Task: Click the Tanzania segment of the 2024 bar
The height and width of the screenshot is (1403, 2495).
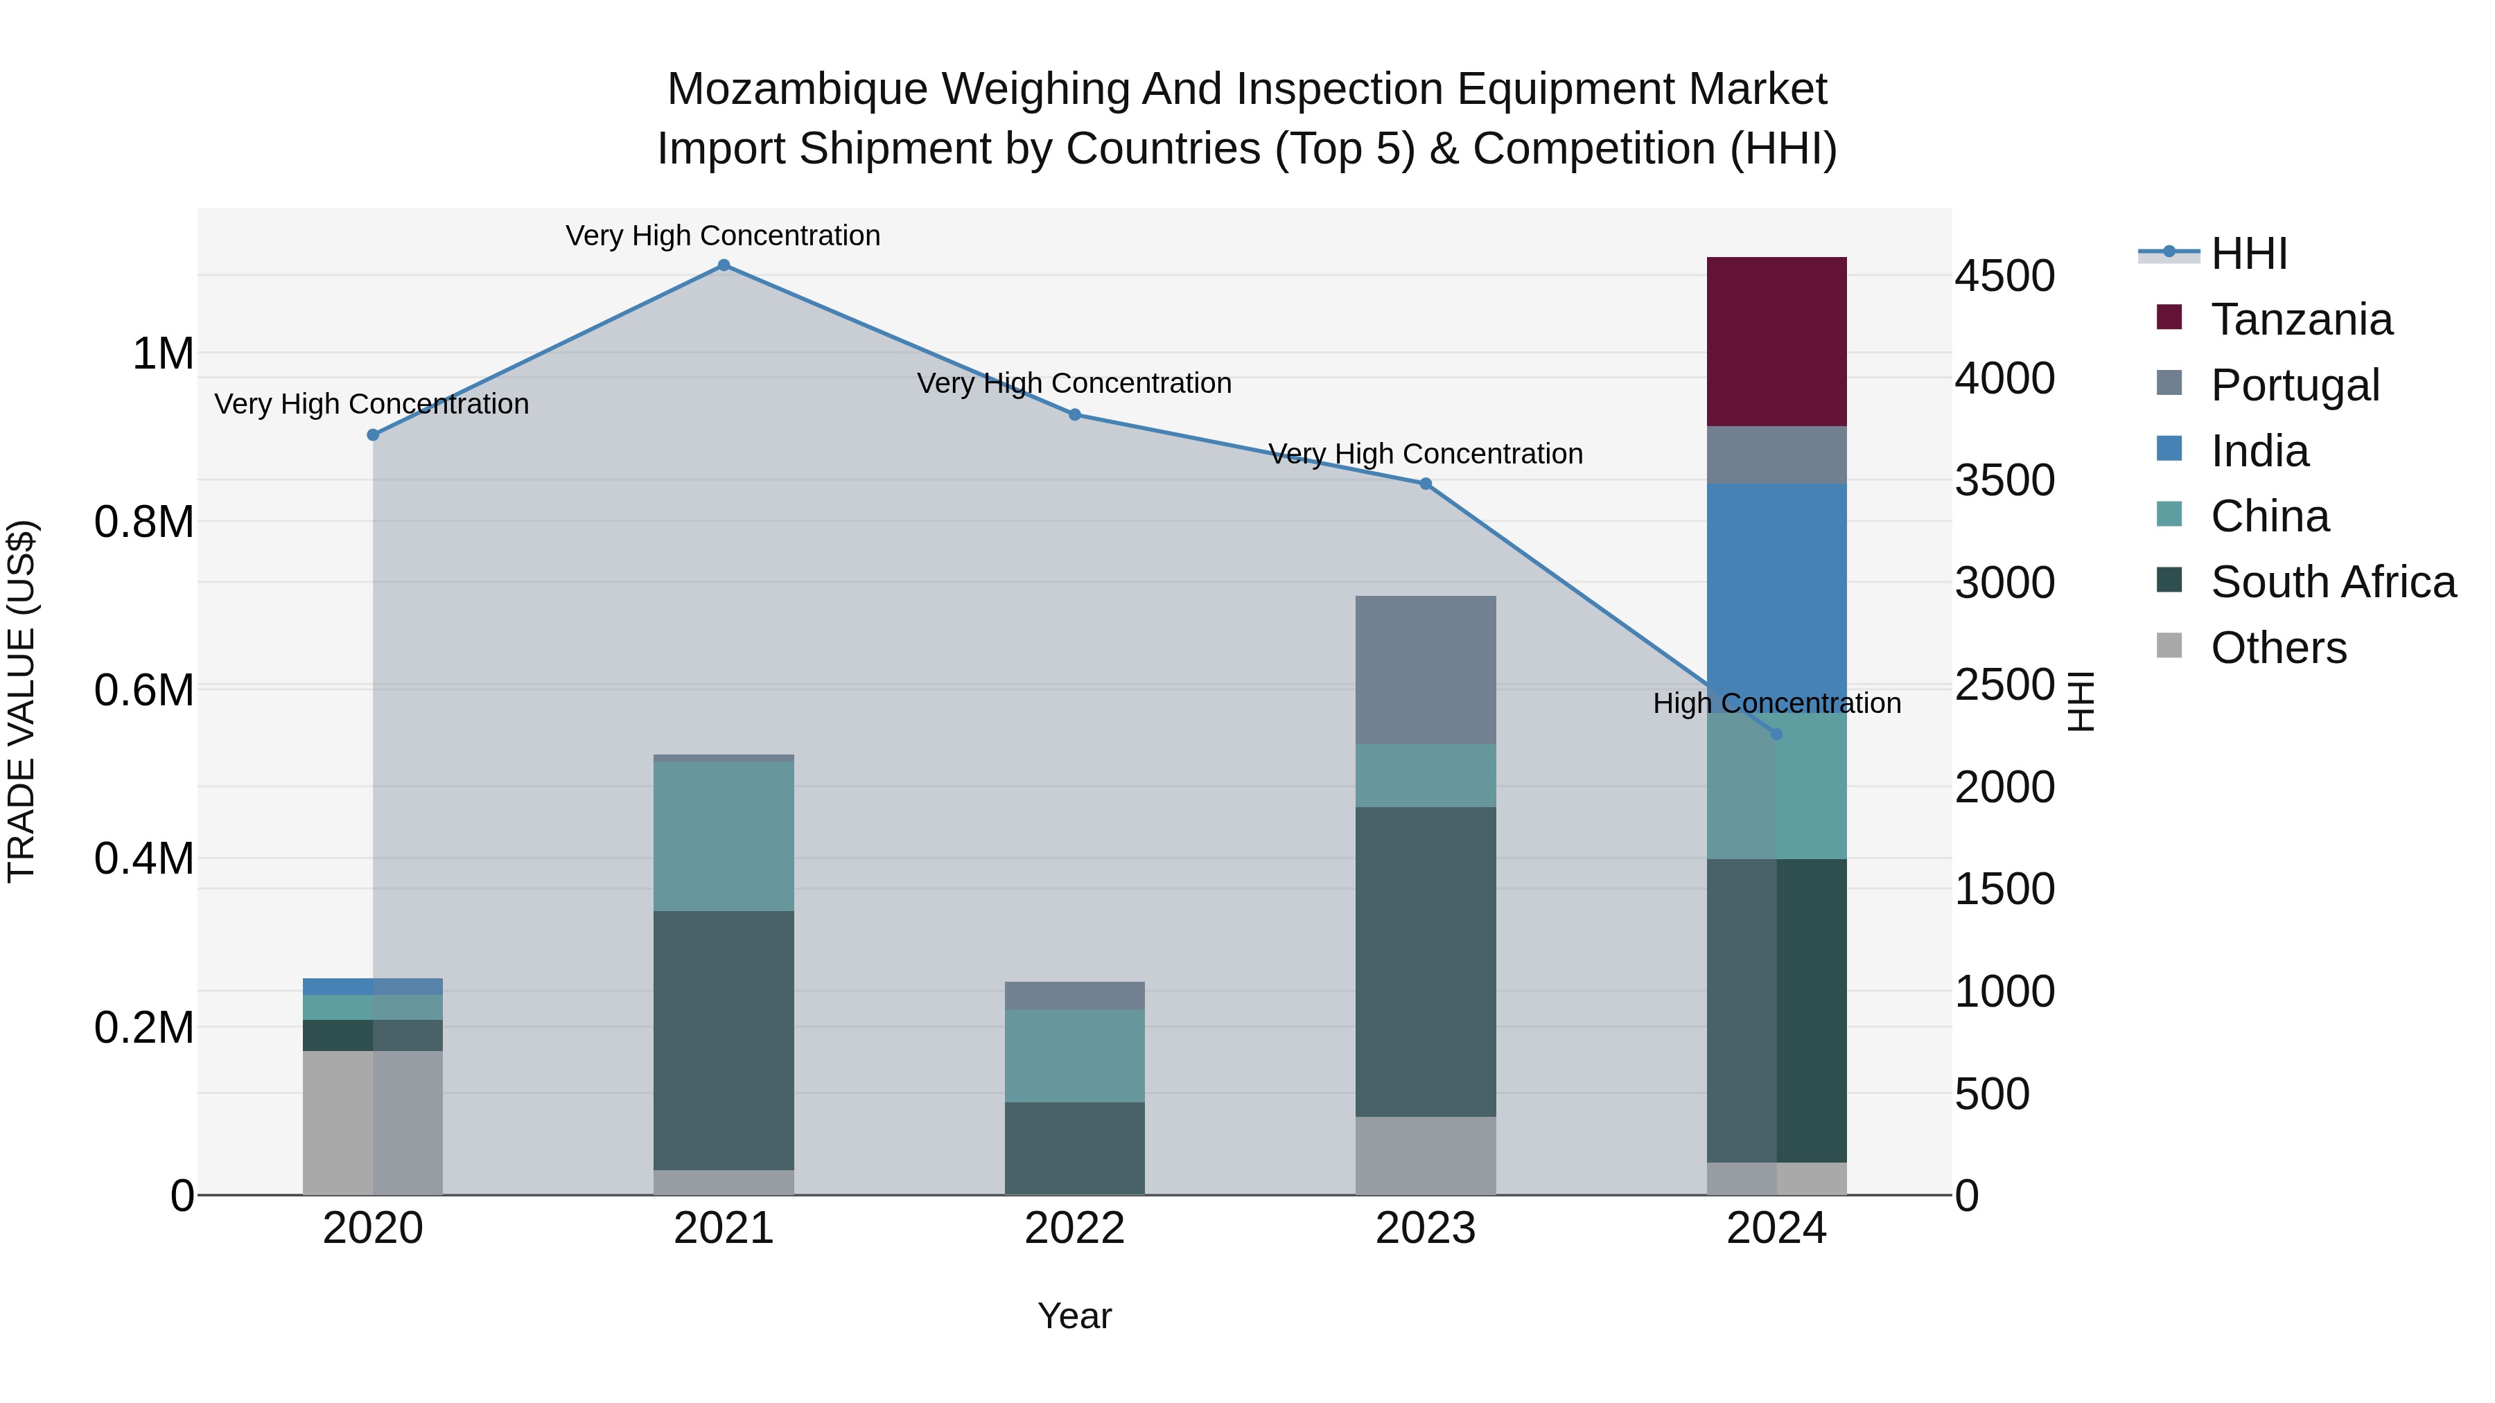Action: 1776,341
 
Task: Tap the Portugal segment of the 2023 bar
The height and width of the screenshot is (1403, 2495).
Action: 1425,669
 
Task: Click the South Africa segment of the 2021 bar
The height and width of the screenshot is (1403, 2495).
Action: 724,1040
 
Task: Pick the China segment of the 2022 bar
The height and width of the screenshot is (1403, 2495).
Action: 1074,1055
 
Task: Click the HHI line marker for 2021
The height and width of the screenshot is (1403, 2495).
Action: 724,265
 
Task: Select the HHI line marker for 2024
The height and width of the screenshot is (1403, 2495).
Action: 1776,734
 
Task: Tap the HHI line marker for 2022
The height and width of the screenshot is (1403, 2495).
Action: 1074,414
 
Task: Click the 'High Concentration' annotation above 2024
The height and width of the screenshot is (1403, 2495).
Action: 1776,703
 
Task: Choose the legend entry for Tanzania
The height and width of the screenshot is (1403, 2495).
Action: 2301,319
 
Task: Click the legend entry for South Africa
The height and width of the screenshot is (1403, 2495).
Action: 2332,582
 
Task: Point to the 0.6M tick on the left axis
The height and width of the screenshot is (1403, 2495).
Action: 144,690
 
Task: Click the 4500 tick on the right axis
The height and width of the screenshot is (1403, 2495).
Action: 2004,276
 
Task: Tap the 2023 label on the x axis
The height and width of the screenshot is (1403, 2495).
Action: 1425,1228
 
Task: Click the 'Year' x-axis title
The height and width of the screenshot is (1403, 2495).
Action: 1074,1316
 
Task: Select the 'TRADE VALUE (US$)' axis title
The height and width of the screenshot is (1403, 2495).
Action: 22,701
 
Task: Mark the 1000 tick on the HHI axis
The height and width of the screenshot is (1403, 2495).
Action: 2004,991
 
